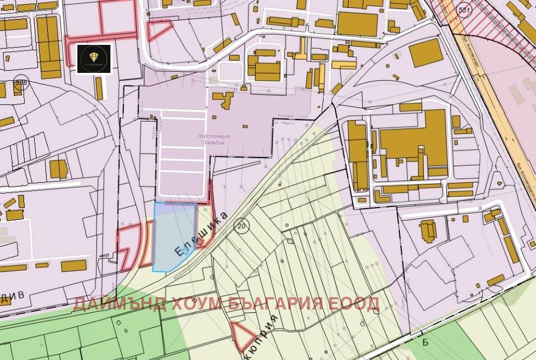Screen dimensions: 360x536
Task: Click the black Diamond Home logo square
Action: [94, 59]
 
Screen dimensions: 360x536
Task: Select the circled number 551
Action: [465, 10]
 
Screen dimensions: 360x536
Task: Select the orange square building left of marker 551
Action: [428, 53]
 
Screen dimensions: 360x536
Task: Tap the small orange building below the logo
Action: [99, 88]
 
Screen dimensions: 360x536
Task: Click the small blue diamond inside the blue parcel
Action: [186, 252]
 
